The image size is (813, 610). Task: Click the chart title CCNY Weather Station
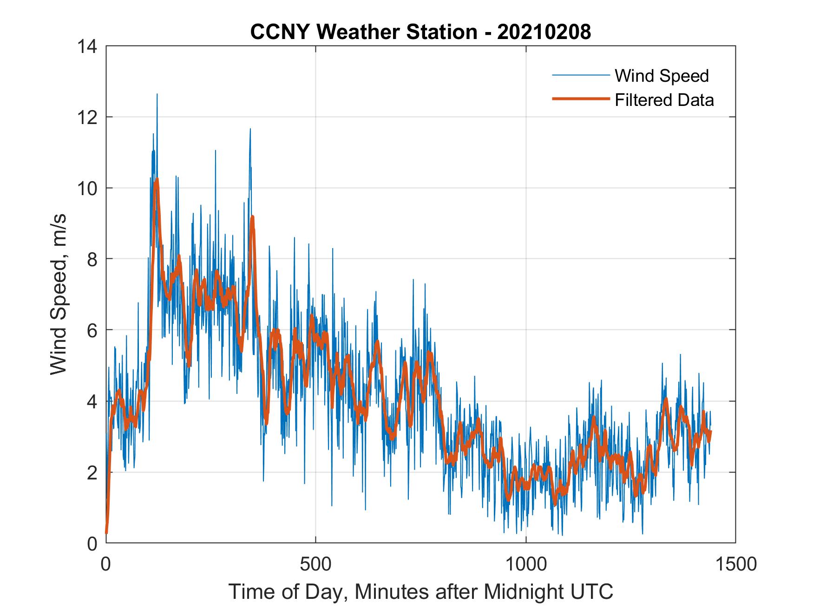(x=363, y=33)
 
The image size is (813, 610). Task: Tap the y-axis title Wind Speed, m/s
(x=59, y=295)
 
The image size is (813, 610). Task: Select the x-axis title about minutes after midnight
(x=421, y=592)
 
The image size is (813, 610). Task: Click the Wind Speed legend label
(x=662, y=76)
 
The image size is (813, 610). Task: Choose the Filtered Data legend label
(x=664, y=100)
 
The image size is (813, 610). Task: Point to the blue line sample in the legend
(x=581, y=75)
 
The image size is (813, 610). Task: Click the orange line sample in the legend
(x=581, y=99)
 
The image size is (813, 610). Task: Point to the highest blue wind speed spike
(x=157, y=94)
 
